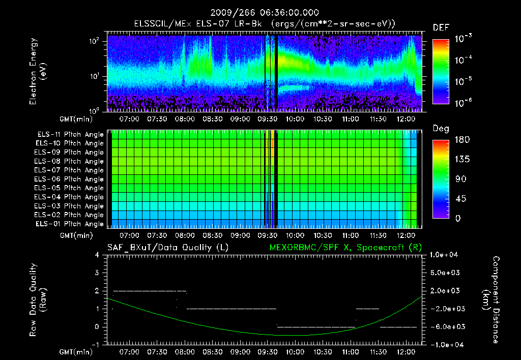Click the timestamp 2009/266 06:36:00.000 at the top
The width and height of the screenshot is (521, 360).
coord(264,13)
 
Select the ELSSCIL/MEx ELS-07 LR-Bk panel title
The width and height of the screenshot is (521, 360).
coord(264,23)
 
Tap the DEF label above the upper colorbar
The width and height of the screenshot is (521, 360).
coord(441,27)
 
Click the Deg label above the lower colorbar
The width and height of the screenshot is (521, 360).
coord(441,129)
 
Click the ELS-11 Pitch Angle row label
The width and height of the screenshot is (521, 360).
coord(70,135)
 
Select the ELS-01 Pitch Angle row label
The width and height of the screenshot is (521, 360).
coord(70,224)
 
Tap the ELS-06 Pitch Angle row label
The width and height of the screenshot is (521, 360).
coord(70,179)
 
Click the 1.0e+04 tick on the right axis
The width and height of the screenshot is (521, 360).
coord(445,255)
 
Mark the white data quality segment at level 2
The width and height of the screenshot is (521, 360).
coord(150,291)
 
